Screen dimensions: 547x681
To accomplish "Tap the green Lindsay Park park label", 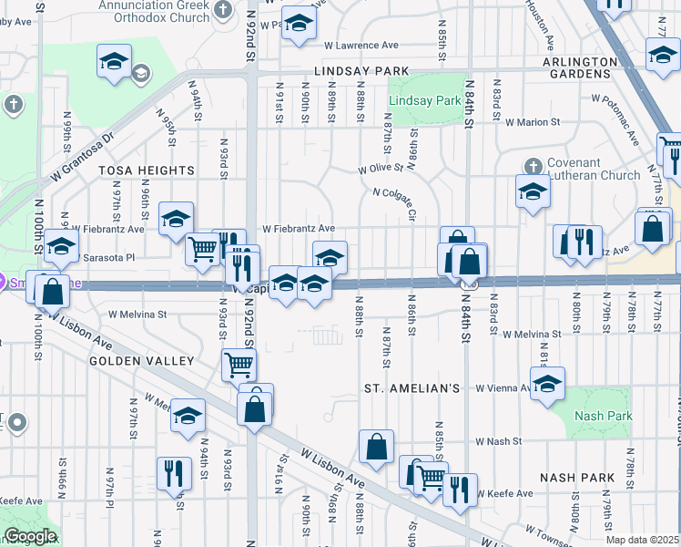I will [424, 101].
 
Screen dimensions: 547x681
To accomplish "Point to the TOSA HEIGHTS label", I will [134, 170].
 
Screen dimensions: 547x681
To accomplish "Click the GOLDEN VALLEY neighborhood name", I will [142, 361].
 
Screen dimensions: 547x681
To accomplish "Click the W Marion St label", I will [533, 121].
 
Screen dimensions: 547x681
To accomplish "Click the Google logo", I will [30, 536].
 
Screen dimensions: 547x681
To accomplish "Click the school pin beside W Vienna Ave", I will [548, 384].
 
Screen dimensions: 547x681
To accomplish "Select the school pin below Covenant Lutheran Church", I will [533, 191].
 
